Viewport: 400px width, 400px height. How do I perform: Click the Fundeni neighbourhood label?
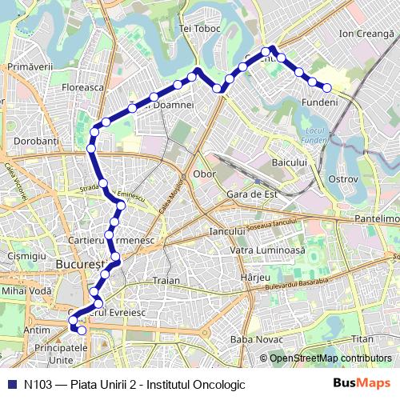click(x=320, y=102)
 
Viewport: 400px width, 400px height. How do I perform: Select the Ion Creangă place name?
click(x=367, y=34)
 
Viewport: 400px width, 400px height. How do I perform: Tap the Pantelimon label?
click(x=377, y=218)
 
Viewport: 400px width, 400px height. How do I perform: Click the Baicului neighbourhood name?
click(x=290, y=163)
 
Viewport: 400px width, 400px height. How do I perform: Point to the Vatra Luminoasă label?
click(x=268, y=250)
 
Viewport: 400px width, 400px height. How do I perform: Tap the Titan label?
click(x=362, y=340)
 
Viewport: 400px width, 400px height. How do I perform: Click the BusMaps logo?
click(x=362, y=383)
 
